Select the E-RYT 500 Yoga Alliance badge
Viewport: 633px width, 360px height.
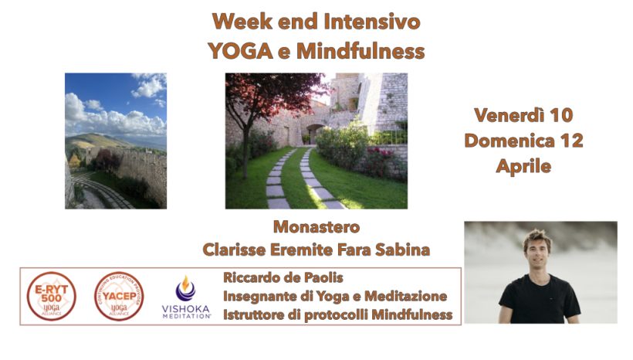click(x=51, y=297)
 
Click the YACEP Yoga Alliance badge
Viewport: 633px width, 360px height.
click(x=118, y=297)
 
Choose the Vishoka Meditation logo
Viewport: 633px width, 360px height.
click(x=185, y=297)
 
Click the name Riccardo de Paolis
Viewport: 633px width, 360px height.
click(x=284, y=277)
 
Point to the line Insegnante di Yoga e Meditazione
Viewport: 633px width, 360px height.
click(x=334, y=296)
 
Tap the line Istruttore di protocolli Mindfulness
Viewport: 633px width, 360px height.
click(x=337, y=315)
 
